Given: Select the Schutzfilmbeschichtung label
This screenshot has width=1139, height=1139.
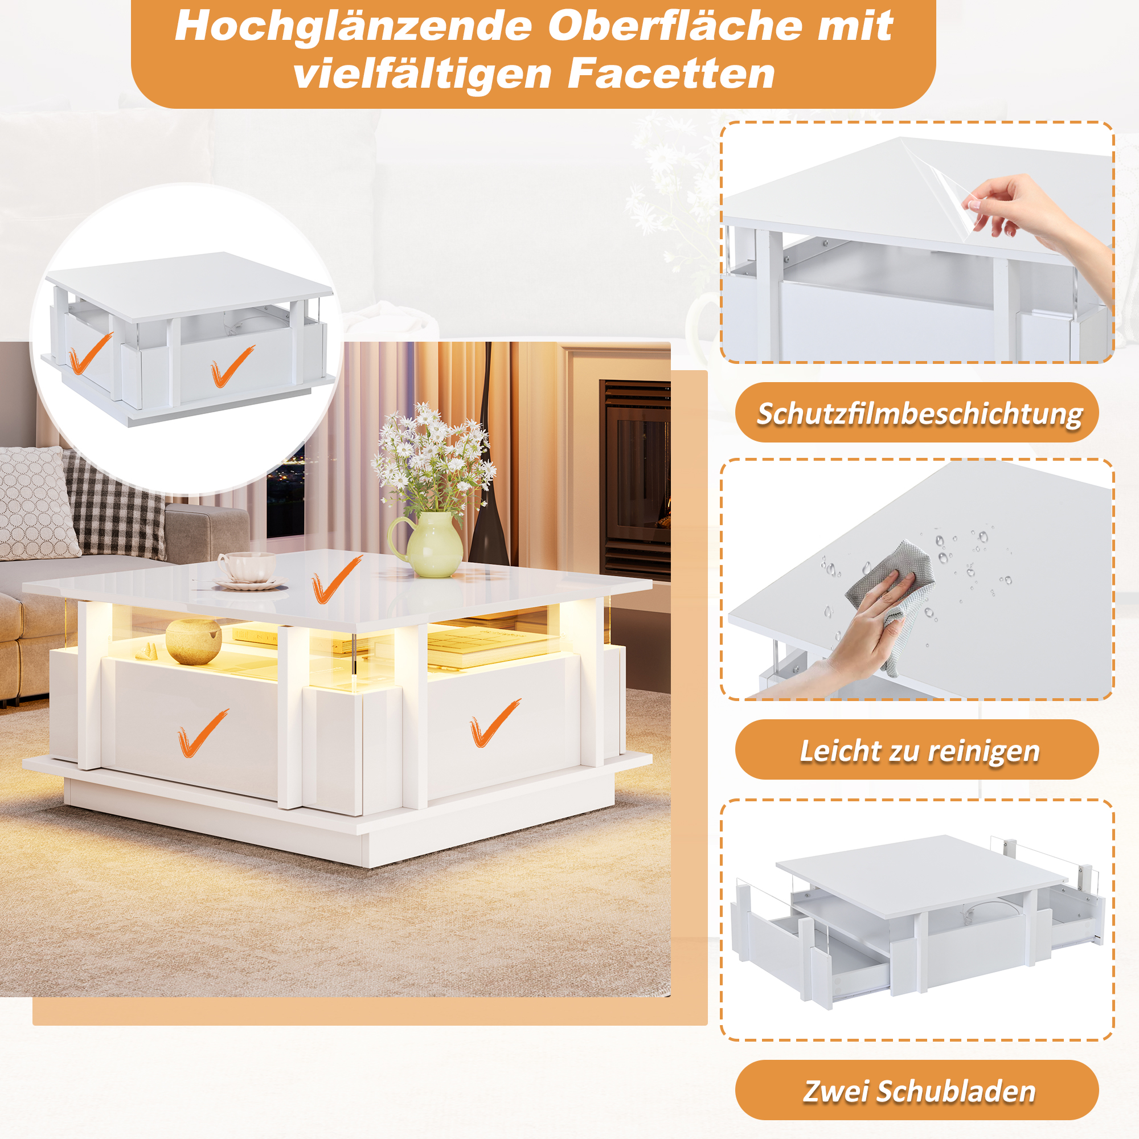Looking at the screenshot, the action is coord(920,413).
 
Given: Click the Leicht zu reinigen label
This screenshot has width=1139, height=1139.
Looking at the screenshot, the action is coord(920,751).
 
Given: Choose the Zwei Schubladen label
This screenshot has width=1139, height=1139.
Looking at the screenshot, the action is coord(920,1091).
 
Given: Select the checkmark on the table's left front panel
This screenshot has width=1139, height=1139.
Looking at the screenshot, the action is coord(202,733).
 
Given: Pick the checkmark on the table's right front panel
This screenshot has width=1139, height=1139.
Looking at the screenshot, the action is coord(494,723).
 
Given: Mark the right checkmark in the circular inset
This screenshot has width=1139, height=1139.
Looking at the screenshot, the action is coord(232,366).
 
